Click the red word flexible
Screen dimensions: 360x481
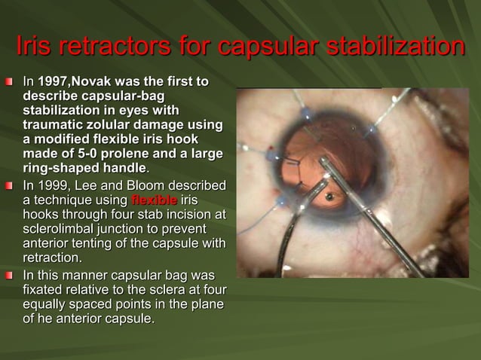(x=154, y=200)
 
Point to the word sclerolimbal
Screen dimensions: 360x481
(x=57, y=229)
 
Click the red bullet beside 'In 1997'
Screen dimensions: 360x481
(x=11, y=81)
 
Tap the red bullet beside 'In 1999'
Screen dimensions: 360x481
(x=11, y=186)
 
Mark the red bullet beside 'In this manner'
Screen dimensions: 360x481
(x=11, y=276)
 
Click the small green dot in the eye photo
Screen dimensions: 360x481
(x=329, y=197)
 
